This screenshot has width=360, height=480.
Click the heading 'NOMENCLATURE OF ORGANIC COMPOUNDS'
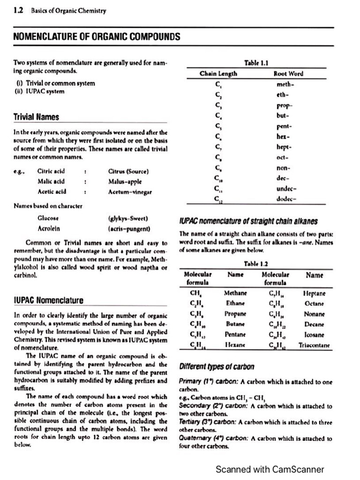[x=97, y=37]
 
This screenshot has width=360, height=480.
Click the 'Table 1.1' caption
[x=256, y=63]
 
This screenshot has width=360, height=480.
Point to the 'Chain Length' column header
[x=218, y=74]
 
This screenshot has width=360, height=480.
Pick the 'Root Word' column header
[x=288, y=74]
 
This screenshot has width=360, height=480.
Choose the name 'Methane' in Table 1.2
[x=236, y=293]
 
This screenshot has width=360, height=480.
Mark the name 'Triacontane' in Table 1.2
[x=314, y=345]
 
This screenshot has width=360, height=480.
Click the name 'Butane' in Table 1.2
[x=235, y=324]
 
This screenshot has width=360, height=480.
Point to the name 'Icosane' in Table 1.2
[x=314, y=335]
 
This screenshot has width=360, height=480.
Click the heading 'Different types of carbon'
[x=217, y=366]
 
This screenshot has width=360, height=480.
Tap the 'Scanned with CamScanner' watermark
[x=270, y=469]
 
